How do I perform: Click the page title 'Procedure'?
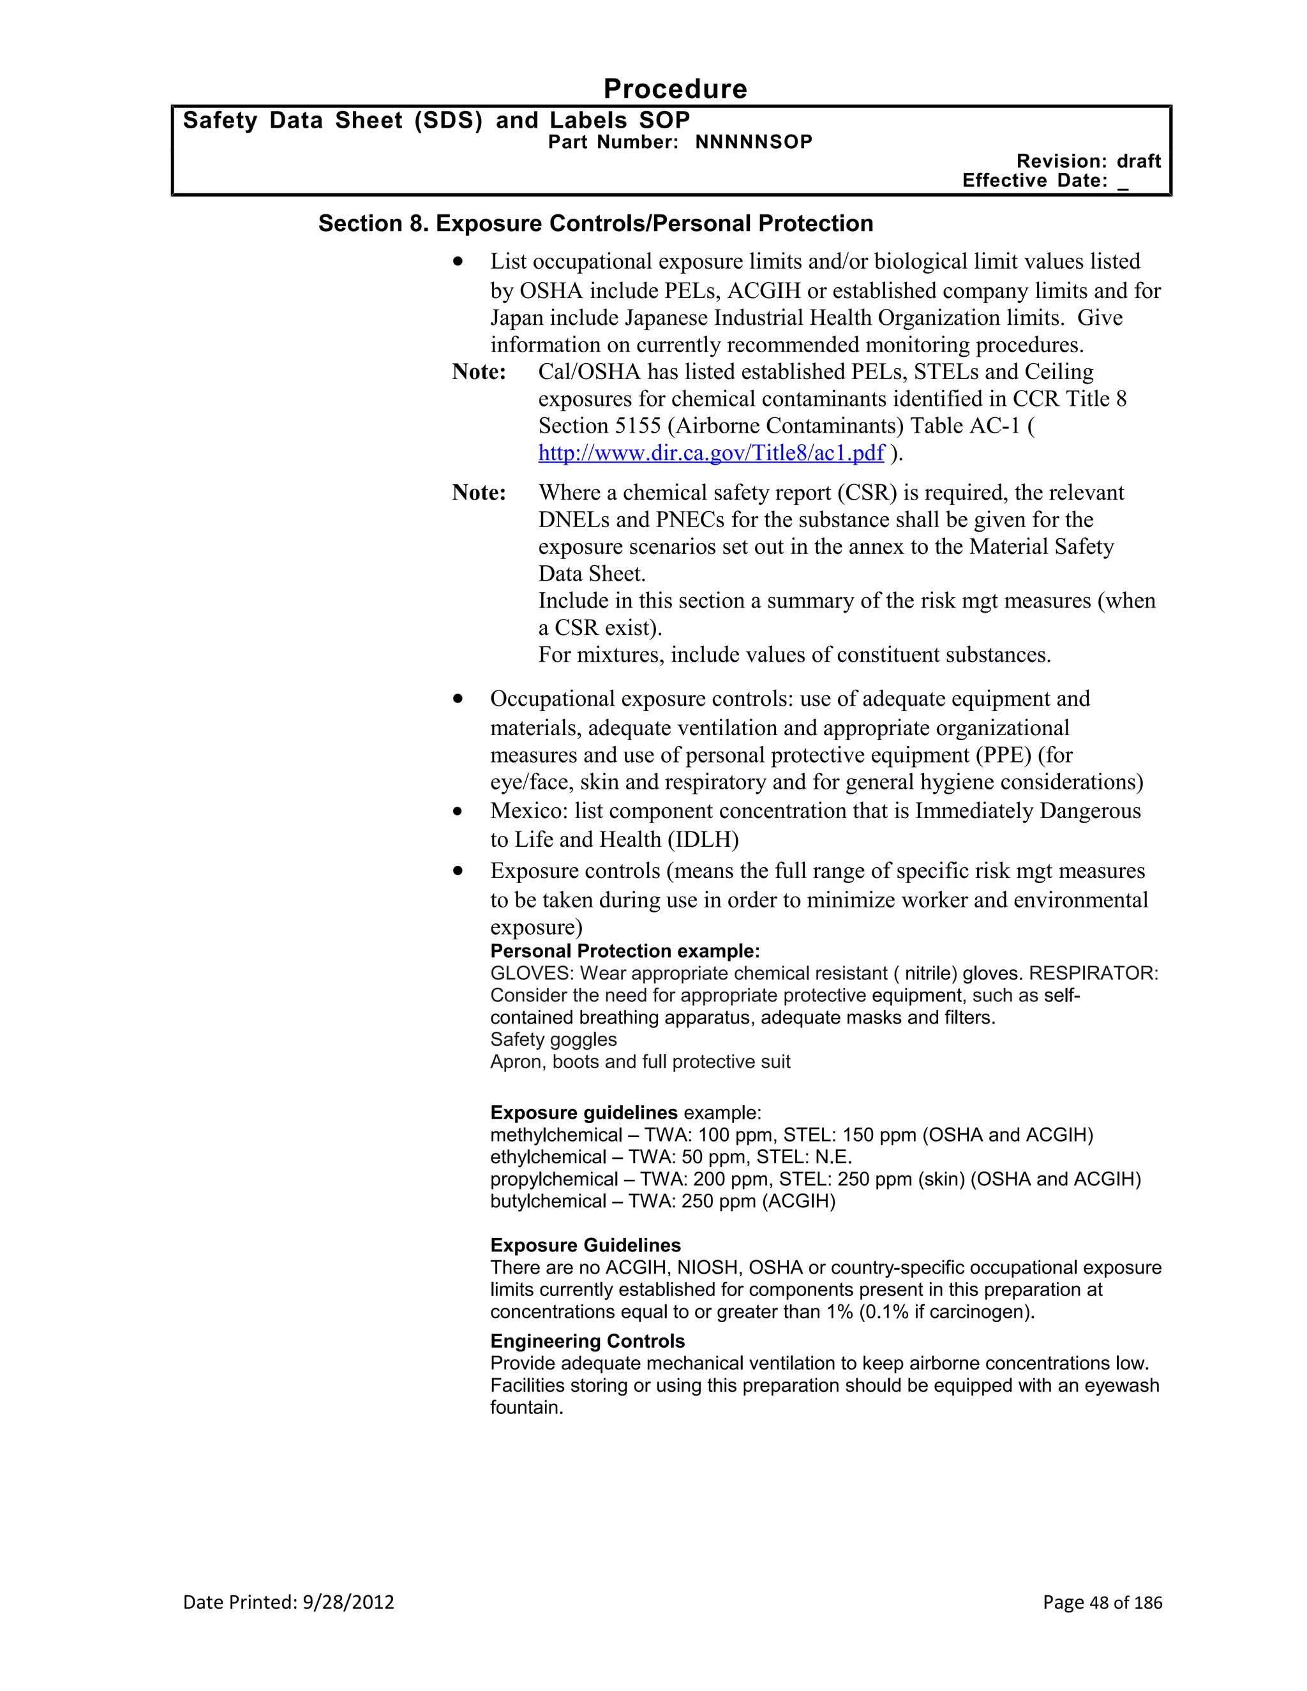pos(675,89)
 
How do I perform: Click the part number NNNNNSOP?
pos(754,142)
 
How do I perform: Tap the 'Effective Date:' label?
pos(1034,181)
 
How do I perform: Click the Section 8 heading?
pos(595,224)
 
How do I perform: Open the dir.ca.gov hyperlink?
pos(711,453)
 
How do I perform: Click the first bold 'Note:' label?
pos(479,373)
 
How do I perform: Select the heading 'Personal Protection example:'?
pos(625,951)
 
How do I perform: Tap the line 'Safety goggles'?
pos(553,1040)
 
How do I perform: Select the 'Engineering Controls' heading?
pos(587,1341)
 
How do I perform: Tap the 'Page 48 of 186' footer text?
pos(1102,1602)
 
